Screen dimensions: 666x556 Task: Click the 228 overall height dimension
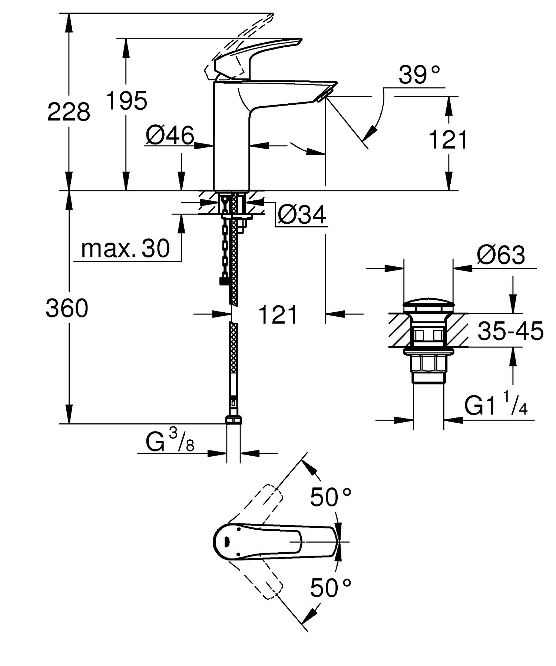pyautogui.click(x=69, y=111)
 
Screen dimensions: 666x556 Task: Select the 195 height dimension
pyautogui.click(x=126, y=100)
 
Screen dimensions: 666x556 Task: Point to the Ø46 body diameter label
pyautogui.click(x=170, y=135)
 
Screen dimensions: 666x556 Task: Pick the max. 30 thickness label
pyautogui.click(x=125, y=249)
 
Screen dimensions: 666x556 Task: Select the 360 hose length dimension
pyautogui.click(x=67, y=308)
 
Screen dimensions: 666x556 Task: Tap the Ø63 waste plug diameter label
pyautogui.click(x=501, y=255)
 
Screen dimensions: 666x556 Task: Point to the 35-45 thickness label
pyautogui.click(x=510, y=331)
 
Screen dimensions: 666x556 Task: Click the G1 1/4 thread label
pyautogui.click(x=496, y=407)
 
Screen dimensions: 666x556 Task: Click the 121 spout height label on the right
pyautogui.click(x=448, y=140)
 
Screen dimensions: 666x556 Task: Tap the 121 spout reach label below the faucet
pyautogui.click(x=278, y=315)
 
